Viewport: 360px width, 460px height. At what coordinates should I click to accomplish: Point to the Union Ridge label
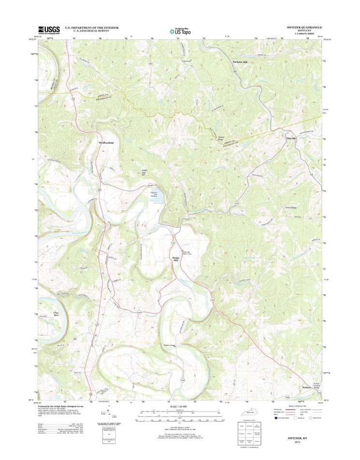point(291,208)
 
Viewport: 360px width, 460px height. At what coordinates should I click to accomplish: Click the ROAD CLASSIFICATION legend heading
point(297,406)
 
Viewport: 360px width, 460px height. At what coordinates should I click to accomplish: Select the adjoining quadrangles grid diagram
point(250,432)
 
